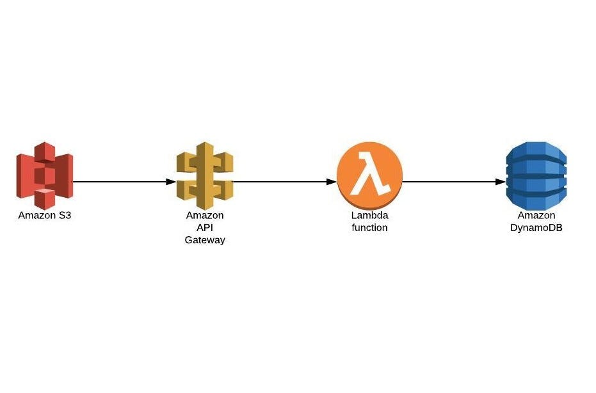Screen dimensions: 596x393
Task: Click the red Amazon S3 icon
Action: pyautogui.click(x=45, y=175)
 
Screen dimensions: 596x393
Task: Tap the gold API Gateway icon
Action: pyautogui.click(x=205, y=173)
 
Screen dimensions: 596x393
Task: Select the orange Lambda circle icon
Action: pyautogui.click(x=369, y=173)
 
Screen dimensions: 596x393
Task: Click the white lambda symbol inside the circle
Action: pyautogui.click(x=371, y=173)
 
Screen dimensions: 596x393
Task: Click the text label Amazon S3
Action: pyautogui.click(x=45, y=215)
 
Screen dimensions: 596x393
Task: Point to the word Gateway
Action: pyautogui.click(x=205, y=240)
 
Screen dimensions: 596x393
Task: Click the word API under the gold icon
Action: pyautogui.click(x=205, y=228)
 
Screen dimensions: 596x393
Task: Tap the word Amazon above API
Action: pyautogui.click(x=205, y=216)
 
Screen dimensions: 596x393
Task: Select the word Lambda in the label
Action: pyautogui.click(x=369, y=216)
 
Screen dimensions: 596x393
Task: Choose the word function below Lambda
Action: pyautogui.click(x=369, y=227)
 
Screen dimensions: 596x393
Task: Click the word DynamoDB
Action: pyautogui.click(x=536, y=227)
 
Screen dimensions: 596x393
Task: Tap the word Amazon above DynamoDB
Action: pyautogui.click(x=536, y=216)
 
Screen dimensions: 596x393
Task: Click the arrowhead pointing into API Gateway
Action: pyautogui.click(x=171, y=182)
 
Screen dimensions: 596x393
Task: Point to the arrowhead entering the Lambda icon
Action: pyautogui.click(x=332, y=182)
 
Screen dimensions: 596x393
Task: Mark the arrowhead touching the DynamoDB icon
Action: pyautogui.click(x=501, y=182)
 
